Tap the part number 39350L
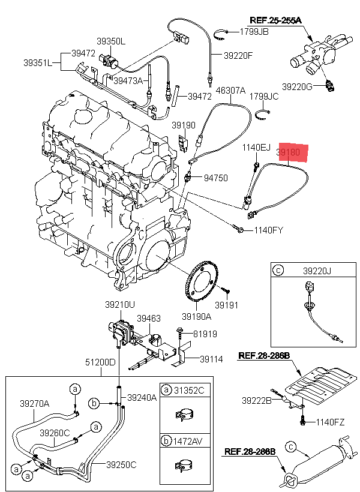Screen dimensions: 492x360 point(111,41)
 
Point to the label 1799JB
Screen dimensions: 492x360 point(254,31)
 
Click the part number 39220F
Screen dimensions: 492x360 point(238,55)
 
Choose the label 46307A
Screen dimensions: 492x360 point(230,91)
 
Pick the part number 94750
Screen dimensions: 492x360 point(217,178)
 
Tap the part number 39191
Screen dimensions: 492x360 point(227,305)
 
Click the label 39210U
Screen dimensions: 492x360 point(121,305)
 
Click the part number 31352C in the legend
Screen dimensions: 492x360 point(190,391)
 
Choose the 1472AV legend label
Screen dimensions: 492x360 point(190,442)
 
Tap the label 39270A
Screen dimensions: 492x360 point(35,403)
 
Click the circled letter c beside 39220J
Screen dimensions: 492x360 point(278,271)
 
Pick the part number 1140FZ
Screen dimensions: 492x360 point(331,422)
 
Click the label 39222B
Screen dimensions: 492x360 point(257,400)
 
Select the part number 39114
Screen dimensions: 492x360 point(211,359)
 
